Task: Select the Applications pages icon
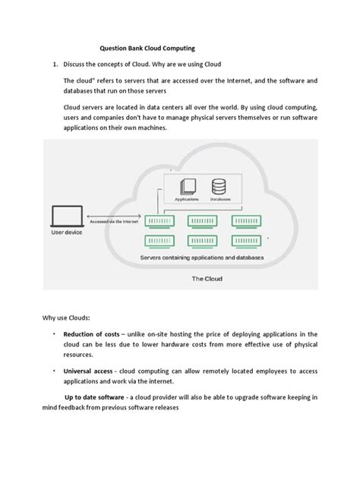[x=186, y=187]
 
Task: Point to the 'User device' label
[x=68, y=233]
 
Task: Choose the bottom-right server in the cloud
[x=255, y=242]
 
